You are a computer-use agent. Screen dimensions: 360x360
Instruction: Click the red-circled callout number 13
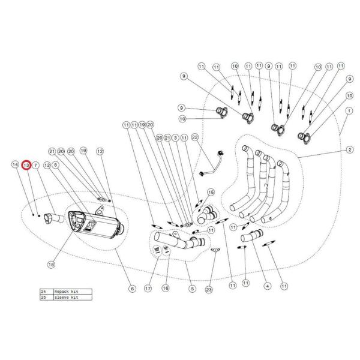coord(26,164)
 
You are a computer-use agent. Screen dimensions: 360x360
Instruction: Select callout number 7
coord(36,164)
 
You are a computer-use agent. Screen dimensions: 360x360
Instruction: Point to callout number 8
coord(55,164)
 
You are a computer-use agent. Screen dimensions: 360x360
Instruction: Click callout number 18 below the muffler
coord(51,263)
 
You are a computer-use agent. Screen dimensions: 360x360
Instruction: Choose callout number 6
coord(131,289)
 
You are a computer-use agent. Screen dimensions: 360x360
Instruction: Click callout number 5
coord(193,289)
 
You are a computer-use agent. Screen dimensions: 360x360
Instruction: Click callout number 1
coord(348,111)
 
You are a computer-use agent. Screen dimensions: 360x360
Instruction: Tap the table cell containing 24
coord(43,290)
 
